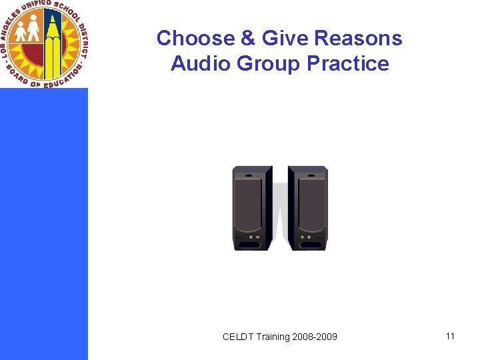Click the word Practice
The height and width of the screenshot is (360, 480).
point(347,64)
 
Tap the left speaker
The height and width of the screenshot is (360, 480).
point(251,208)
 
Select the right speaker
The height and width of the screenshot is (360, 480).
point(308,208)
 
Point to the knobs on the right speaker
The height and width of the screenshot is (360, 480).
point(307,237)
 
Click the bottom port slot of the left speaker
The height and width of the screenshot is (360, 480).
point(249,245)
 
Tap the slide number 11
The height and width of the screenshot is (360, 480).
point(450,336)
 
